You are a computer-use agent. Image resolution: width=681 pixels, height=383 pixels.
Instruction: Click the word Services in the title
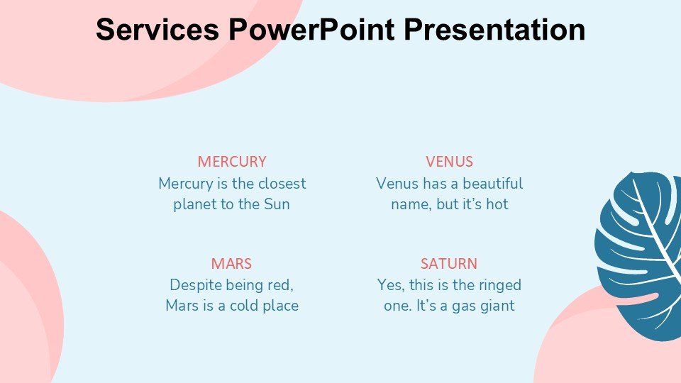[x=157, y=29]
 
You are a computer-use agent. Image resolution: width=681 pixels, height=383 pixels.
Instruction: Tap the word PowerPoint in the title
[x=312, y=29]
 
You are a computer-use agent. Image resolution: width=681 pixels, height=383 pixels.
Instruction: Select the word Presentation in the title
[x=494, y=29]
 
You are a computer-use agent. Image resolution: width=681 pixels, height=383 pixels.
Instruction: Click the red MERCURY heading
[x=232, y=162]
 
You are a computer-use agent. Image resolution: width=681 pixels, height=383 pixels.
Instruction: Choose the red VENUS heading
[x=449, y=162]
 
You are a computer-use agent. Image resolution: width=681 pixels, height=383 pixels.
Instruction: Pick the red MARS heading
[x=231, y=264]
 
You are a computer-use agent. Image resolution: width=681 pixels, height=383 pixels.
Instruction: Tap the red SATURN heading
[x=449, y=264]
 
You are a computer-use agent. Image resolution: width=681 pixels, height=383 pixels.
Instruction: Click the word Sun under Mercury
[x=277, y=204]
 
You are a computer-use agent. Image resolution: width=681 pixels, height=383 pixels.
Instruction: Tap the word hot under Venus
[x=497, y=204]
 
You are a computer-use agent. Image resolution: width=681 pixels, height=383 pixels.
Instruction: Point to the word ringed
[x=499, y=286]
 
